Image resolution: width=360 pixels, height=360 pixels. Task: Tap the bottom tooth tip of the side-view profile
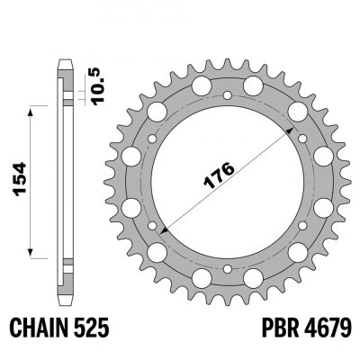tap(65, 299)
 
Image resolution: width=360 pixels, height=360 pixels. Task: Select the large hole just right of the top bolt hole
tap(256, 87)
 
